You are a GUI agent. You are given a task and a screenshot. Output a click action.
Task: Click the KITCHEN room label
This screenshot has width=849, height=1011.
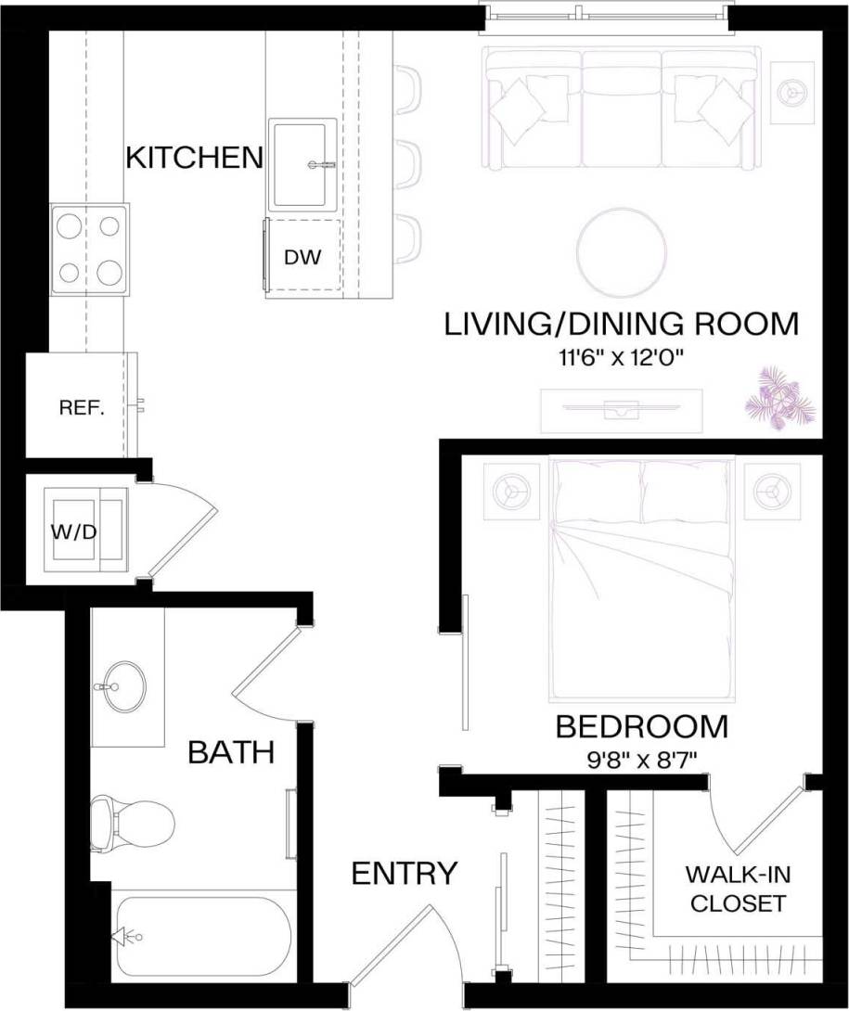pyautogui.click(x=194, y=157)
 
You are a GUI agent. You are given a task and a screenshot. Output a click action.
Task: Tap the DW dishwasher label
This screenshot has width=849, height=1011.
pyautogui.click(x=302, y=258)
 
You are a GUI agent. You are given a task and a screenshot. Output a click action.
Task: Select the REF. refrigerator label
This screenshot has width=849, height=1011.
pyautogui.click(x=81, y=407)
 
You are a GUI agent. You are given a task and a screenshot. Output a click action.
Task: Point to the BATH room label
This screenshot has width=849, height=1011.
pyautogui.click(x=231, y=752)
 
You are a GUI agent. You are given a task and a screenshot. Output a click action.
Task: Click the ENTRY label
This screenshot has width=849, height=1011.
pyautogui.click(x=404, y=873)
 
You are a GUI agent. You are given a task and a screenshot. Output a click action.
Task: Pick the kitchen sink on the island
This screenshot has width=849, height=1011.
pyautogui.click(x=302, y=163)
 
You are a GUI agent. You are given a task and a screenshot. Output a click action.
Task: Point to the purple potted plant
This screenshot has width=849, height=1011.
pyautogui.click(x=778, y=397)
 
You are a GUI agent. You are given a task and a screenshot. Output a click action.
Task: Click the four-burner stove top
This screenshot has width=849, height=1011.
pyautogui.click(x=89, y=249)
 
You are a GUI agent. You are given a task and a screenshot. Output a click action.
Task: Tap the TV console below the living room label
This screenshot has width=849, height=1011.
pyautogui.click(x=621, y=408)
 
